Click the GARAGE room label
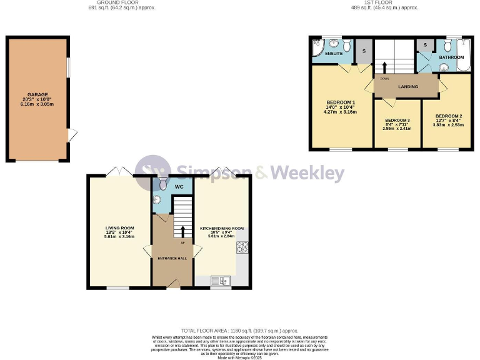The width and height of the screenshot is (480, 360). click(x=37, y=95)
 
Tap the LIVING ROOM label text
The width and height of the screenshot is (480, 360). click(x=119, y=227)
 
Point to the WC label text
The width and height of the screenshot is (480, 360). click(x=179, y=186)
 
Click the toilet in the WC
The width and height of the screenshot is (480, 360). click(x=163, y=183)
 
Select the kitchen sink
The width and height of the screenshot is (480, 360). click(x=220, y=281)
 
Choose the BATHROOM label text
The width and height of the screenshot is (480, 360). click(x=451, y=57)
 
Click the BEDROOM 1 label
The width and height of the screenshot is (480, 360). click(x=341, y=102)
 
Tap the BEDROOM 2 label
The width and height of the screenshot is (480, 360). click(x=448, y=116)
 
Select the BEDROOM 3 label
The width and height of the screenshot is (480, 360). click(x=397, y=120)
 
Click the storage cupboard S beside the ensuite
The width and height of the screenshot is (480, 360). click(x=364, y=50)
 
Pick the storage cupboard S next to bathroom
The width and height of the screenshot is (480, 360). click(x=426, y=45)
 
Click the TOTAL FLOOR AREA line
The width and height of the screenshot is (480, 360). click(x=239, y=330)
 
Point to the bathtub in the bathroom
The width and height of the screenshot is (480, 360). click(x=466, y=55)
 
